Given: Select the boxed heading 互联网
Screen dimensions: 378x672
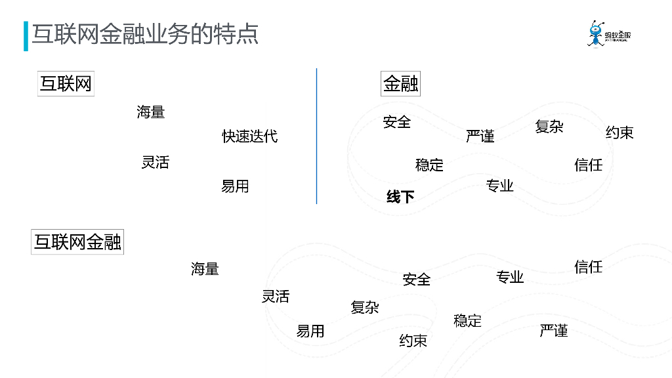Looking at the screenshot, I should (x=66, y=84).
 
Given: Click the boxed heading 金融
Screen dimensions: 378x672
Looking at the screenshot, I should (x=400, y=84).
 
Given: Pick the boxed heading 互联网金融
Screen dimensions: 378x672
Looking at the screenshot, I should (x=77, y=242).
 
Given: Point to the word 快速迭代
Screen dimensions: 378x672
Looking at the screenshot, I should (x=249, y=136).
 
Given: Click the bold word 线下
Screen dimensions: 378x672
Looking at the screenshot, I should (x=400, y=196).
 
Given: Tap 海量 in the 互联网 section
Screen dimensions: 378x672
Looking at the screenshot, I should (x=151, y=112).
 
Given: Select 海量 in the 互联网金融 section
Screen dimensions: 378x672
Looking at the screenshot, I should (x=205, y=269).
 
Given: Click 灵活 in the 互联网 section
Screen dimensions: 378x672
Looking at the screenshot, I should (x=156, y=163).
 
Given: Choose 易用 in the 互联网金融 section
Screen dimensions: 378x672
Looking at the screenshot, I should (x=310, y=331).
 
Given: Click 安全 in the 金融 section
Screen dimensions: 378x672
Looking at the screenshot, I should (x=397, y=122).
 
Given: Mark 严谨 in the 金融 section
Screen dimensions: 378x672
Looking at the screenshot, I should (x=480, y=136).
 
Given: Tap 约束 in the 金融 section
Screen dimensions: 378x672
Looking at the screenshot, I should (x=619, y=133).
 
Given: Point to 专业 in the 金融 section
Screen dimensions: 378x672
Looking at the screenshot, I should (x=500, y=186).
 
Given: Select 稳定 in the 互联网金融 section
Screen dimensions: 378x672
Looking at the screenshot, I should (x=467, y=321).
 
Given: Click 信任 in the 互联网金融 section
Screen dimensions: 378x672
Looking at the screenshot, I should (x=588, y=267).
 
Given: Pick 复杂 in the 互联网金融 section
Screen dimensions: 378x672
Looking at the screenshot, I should (x=365, y=307).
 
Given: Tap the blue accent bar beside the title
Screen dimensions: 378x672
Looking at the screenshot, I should (x=26, y=36).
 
